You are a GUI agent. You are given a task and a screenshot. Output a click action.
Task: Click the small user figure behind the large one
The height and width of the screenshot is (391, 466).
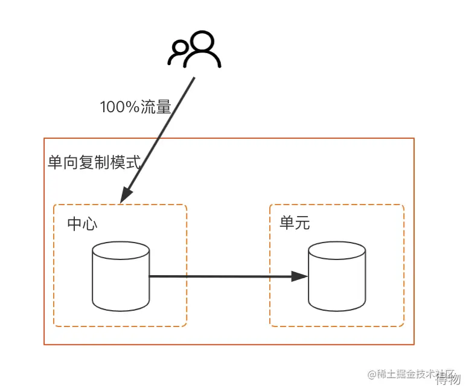(x=179, y=53)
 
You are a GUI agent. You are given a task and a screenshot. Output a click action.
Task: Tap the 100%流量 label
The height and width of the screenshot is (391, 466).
(x=135, y=107)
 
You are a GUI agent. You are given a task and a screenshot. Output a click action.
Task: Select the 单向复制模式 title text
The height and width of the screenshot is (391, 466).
(x=94, y=162)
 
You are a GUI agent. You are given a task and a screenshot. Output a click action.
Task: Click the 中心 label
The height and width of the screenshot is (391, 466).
(x=83, y=224)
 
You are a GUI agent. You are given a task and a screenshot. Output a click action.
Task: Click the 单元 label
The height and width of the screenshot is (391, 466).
(x=295, y=223)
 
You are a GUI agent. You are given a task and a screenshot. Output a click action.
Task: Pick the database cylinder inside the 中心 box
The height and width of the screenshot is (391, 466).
(x=121, y=276)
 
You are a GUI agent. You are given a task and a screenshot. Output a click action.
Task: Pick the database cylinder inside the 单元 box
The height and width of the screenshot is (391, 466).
(x=336, y=276)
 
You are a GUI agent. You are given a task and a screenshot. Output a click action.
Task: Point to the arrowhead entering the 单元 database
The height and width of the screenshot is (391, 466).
(x=300, y=277)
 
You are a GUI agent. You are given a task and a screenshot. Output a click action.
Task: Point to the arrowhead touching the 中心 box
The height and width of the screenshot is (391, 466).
(x=126, y=195)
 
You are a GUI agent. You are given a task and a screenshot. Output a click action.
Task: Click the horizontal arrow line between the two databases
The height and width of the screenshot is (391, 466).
(x=223, y=276)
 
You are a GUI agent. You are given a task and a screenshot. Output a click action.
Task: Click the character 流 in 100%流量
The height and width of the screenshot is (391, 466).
(x=149, y=107)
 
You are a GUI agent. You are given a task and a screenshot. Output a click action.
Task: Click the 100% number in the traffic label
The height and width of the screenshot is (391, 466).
(x=120, y=107)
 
